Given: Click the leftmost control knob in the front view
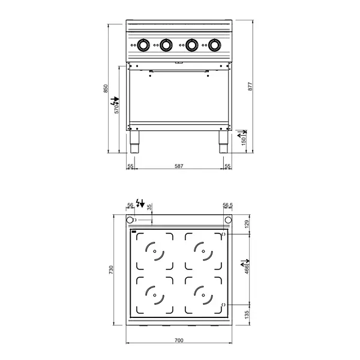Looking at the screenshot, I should click(144, 44).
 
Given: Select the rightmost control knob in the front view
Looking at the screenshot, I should click(214, 44).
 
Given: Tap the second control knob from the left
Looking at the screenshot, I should click(166, 44).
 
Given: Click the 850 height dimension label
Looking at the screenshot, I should click(106, 88).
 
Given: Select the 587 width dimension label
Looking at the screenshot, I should click(178, 166).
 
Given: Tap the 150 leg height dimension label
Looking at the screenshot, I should click(244, 140).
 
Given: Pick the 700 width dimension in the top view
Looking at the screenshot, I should click(178, 341).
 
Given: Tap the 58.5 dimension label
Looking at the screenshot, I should click(227, 205).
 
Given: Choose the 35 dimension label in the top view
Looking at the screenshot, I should click(150, 206).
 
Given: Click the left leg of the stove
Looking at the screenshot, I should click(136, 144).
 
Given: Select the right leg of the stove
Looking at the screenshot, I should click(222, 144).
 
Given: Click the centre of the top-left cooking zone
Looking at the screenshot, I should click(154, 251).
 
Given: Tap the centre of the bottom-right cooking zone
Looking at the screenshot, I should click(203, 295).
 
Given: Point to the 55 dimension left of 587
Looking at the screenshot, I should click(130, 166).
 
